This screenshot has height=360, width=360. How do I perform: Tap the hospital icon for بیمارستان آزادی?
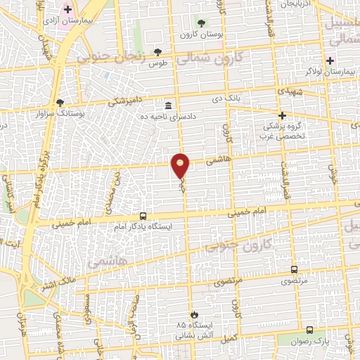coord(68,10)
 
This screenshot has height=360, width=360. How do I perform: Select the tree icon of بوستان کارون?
coord(202,24)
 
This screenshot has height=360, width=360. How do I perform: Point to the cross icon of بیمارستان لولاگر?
coord(330,61)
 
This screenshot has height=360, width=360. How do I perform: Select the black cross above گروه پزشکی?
coord(282,115)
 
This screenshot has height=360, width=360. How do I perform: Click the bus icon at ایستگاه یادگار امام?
coord(143,217)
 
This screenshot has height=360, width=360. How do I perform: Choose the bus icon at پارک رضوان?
coord(310,330)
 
